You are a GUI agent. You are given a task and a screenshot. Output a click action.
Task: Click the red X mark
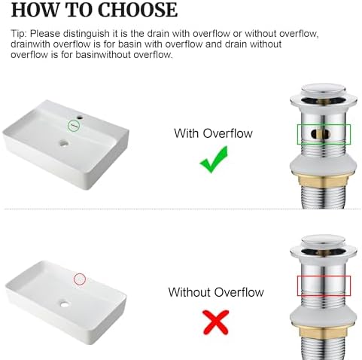[216, 322]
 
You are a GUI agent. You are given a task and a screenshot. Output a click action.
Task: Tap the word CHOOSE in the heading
[138, 10]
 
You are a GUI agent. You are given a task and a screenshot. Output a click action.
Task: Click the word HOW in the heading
[35, 10]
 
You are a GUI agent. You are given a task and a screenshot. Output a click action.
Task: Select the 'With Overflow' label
[213, 133]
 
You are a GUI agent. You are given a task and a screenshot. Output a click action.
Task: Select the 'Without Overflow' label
[216, 292]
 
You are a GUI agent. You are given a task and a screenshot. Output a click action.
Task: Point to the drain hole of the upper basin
[64, 143]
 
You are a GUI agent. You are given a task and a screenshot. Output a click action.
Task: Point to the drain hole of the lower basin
[65, 304]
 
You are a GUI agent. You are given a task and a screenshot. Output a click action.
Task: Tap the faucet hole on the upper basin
[80, 117]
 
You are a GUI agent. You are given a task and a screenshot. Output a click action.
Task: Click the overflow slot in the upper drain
[320, 134]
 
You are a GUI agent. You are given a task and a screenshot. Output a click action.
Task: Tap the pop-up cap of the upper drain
[324, 90]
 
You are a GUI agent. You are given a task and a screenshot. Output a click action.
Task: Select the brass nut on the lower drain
[323, 332]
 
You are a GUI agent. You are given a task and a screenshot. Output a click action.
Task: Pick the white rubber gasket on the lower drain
[323, 316]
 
